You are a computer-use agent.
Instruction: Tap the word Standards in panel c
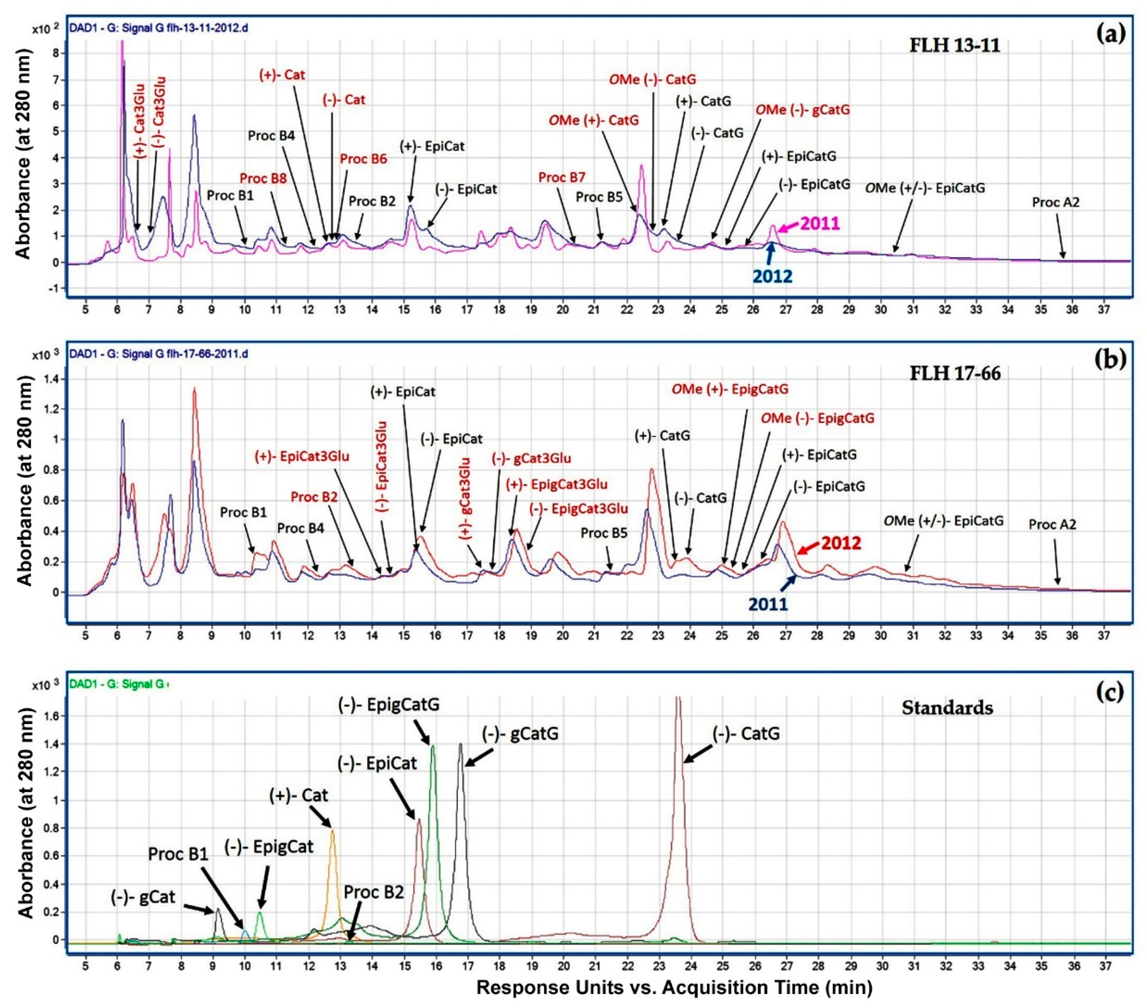947,708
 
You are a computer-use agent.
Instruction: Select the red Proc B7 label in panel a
562,177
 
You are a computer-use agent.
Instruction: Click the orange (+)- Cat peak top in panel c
332,831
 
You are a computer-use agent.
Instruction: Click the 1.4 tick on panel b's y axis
42,379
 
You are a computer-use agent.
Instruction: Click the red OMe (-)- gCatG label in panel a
802,110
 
